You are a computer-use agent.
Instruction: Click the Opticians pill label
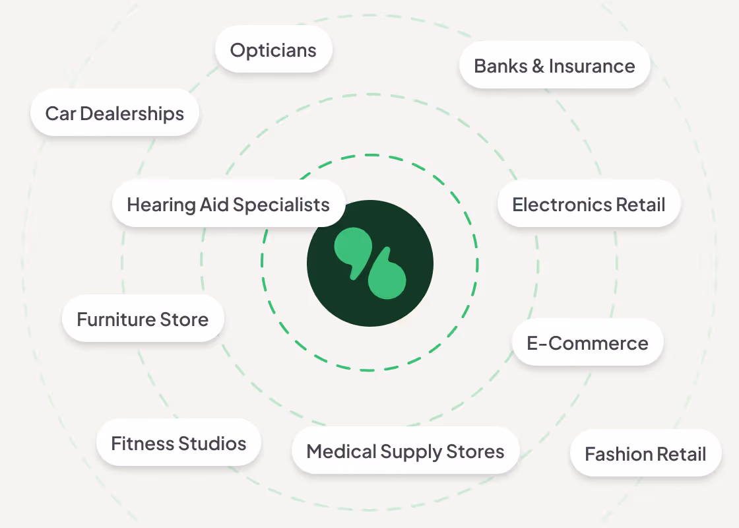(273, 50)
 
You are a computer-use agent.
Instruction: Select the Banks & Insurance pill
(554, 66)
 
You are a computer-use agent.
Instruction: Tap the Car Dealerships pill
(115, 114)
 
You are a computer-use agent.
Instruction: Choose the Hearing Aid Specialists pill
(228, 205)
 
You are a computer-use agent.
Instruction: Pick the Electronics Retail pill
(589, 205)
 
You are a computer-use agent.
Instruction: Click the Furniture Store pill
(143, 319)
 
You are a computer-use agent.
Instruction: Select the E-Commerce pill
(587, 343)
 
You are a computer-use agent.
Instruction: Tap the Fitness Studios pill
(178, 444)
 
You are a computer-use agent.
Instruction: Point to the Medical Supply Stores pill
(405, 451)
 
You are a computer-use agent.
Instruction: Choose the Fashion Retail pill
(645, 454)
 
